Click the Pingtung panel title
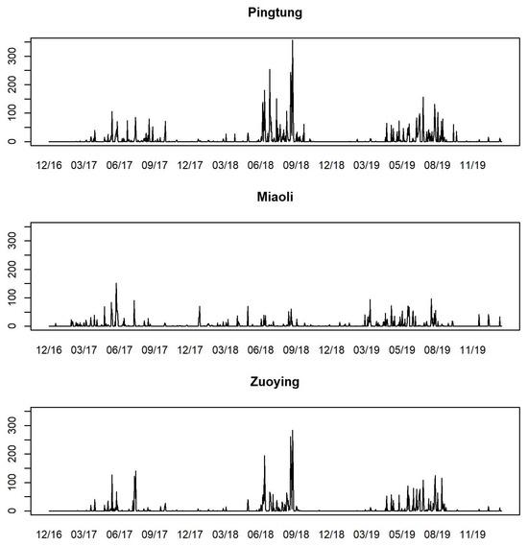(x=276, y=15)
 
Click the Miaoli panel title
(x=276, y=200)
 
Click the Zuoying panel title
(x=276, y=383)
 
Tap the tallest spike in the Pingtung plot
(x=293, y=42)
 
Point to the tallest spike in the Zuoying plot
(x=292, y=432)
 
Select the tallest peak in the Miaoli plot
(x=116, y=285)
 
